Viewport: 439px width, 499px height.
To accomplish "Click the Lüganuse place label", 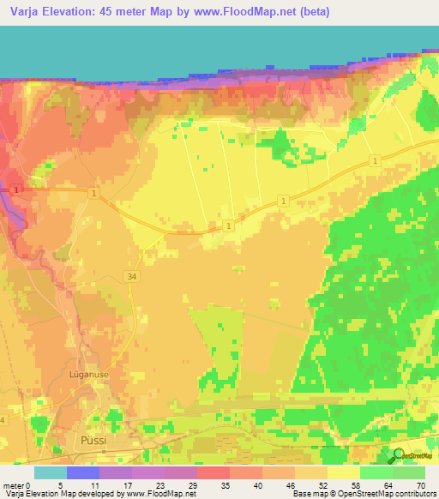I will (87, 375).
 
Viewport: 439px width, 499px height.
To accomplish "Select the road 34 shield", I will (129, 276).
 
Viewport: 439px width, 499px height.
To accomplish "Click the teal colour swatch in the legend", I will (51, 472).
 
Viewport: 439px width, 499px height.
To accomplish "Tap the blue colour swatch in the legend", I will (83, 472).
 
